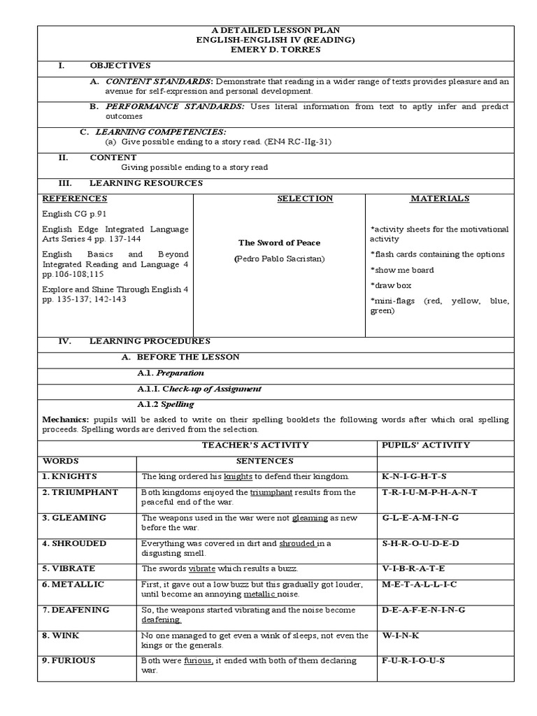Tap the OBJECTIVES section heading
[x=120, y=66]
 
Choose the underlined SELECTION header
[x=305, y=199]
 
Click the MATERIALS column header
[x=439, y=199]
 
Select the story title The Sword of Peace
[x=279, y=243]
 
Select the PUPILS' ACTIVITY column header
[x=425, y=445]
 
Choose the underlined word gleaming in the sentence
[x=310, y=518]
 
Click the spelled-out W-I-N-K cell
[x=400, y=636]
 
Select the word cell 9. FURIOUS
[x=69, y=661]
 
